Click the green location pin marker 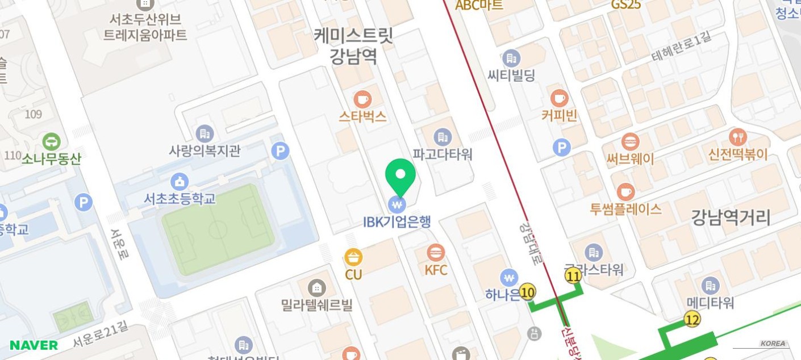(x=400, y=176)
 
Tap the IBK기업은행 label (x=397, y=221)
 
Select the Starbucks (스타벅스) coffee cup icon (x=362, y=99)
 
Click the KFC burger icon (x=436, y=252)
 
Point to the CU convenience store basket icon (x=353, y=257)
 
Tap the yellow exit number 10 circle (x=528, y=292)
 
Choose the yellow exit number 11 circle (x=573, y=277)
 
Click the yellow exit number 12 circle (x=692, y=320)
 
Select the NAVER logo (x=34, y=345)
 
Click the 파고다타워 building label (x=443, y=154)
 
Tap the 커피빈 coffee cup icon (x=560, y=98)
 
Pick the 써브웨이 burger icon (x=630, y=141)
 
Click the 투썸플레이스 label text (x=625, y=209)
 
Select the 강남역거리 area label (x=731, y=217)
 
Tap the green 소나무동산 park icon (x=51, y=141)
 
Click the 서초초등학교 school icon (x=180, y=182)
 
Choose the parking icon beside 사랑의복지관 (x=280, y=150)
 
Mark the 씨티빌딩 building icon (x=511, y=58)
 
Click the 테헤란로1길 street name (x=681, y=48)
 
